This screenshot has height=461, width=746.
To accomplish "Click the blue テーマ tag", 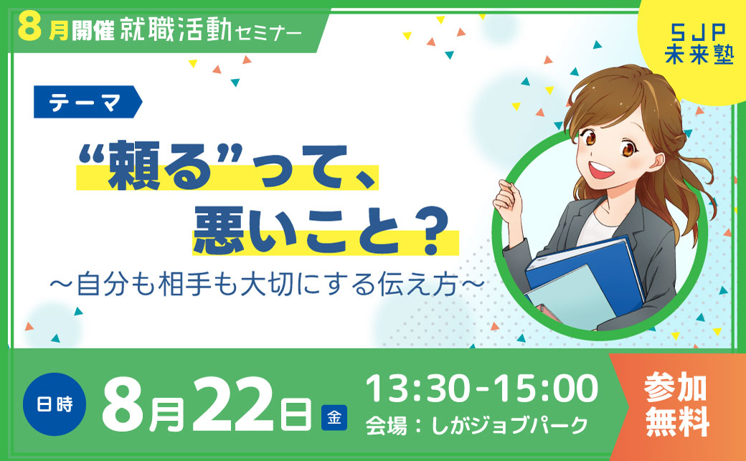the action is [88, 102].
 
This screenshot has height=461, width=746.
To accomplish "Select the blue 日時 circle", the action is [55, 404].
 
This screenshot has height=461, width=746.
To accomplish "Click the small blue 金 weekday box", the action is [334, 418].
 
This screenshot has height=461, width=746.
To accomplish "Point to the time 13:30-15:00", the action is [481, 389].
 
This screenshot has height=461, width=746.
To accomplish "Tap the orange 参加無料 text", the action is [677, 405].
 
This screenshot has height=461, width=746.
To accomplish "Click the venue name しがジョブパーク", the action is [510, 425].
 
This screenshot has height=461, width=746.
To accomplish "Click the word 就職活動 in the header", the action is [176, 30].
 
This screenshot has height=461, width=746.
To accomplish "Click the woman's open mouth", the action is [601, 170].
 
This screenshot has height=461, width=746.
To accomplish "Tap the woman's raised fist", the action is [509, 197].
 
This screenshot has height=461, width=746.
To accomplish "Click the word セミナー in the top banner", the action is [268, 33].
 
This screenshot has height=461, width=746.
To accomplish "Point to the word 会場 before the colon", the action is [386, 425].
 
